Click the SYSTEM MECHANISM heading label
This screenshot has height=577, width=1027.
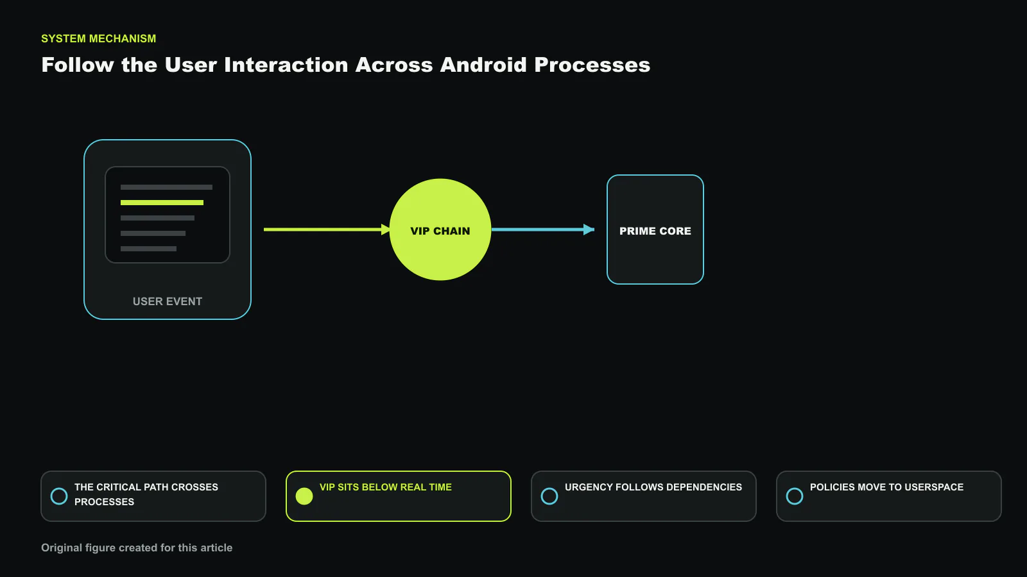(99, 38)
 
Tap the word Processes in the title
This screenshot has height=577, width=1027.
(592, 65)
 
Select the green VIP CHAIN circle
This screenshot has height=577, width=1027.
(440, 230)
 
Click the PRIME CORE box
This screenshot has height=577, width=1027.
(655, 230)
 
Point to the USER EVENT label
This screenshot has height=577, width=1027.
(168, 301)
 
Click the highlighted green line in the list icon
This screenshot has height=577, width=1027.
(162, 203)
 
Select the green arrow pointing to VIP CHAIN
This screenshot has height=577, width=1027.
(327, 230)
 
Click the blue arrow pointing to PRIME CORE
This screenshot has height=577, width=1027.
(543, 230)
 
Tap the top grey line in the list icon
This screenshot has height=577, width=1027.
(166, 187)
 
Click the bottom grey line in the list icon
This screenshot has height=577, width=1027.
(148, 249)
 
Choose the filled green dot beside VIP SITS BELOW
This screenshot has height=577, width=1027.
(304, 496)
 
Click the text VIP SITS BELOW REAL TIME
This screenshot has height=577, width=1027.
(386, 487)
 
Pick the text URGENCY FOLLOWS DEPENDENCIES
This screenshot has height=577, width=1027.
(653, 487)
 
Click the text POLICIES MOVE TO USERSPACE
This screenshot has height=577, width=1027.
(886, 487)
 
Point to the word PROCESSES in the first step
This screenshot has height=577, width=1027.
(104, 502)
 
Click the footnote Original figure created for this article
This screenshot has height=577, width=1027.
(137, 548)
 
